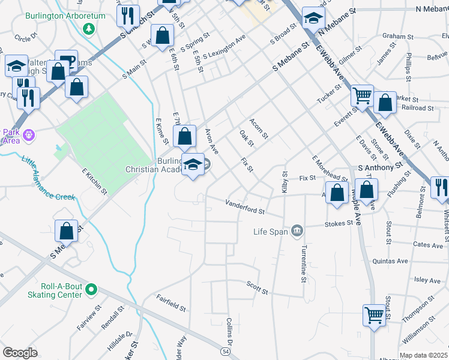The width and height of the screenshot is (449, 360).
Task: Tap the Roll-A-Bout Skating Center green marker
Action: pos(91,290)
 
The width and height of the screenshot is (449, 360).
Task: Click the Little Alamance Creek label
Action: pos(48,179)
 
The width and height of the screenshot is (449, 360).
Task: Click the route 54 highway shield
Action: pos(225,350)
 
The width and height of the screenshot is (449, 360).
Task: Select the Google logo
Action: pos(20,353)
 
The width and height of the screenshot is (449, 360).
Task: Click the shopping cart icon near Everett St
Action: pos(362,95)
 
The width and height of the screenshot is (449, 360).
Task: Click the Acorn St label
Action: pos(259,127)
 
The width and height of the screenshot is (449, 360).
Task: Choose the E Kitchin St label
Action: pos(94,181)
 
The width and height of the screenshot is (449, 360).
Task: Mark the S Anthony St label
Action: pos(379,168)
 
